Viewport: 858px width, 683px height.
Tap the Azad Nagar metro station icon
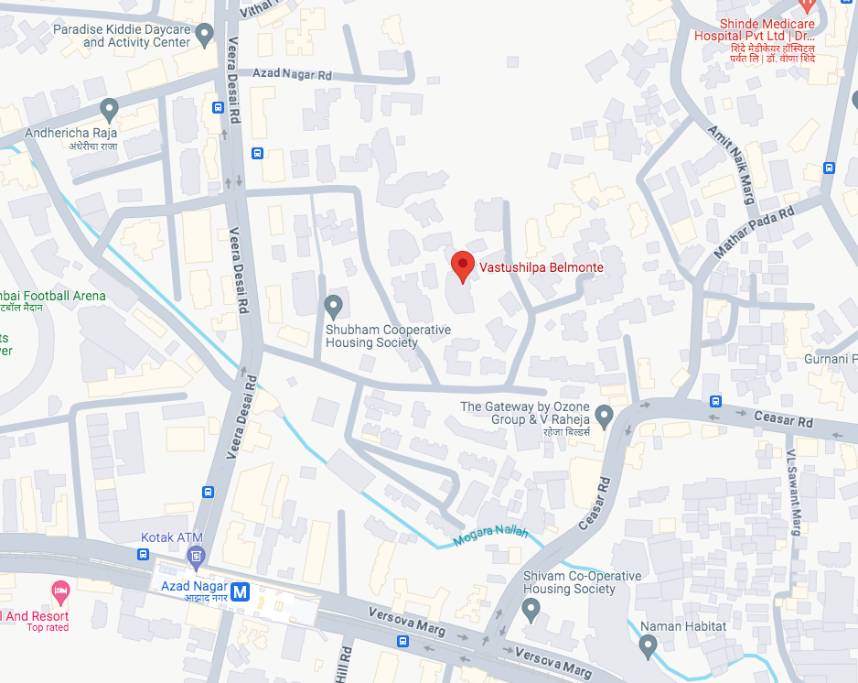tap(241, 591)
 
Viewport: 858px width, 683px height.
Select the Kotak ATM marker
tap(195, 555)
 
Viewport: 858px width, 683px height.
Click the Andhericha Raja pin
tap(110, 111)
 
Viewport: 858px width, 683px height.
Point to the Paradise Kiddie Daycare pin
tap(205, 35)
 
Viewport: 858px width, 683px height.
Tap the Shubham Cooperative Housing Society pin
tap(334, 305)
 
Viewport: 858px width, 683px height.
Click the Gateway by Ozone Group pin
tap(604, 414)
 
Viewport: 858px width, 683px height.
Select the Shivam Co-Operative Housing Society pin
tap(531, 608)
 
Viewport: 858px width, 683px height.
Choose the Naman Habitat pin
tap(648, 646)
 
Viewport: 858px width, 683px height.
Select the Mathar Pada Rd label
tap(754, 232)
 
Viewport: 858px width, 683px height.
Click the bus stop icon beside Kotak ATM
tap(143, 555)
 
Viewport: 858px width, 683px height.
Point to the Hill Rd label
tap(346, 664)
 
